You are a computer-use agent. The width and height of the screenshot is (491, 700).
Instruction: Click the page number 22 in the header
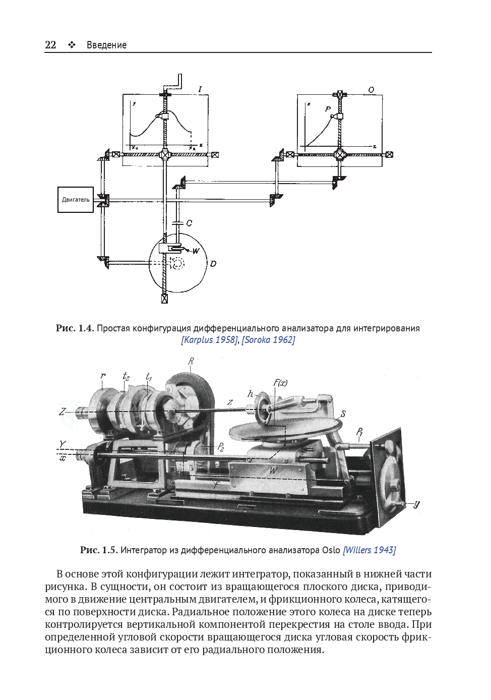tap(50, 44)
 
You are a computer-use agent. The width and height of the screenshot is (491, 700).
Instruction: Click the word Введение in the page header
tap(106, 45)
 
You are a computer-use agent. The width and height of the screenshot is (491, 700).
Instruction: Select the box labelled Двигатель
tap(76, 200)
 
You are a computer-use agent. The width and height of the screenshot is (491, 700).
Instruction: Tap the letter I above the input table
tap(200, 89)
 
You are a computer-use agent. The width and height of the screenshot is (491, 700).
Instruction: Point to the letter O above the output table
tap(371, 90)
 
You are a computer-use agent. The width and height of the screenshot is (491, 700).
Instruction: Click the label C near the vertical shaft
tap(189, 223)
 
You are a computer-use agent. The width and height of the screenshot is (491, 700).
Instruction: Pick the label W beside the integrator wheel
tap(196, 251)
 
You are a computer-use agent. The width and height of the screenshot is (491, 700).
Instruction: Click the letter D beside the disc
tap(213, 264)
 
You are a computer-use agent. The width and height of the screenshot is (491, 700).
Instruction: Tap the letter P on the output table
tap(328, 109)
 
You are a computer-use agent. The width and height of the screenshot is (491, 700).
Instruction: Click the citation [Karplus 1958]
tap(209, 340)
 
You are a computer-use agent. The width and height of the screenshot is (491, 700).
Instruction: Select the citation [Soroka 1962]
tap(268, 340)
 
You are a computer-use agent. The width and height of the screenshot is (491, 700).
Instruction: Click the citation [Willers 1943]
tap(369, 550)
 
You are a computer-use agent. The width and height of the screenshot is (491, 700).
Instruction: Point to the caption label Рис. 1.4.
tap(75, 328)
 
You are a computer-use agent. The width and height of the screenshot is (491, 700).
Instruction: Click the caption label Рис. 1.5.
tap(99, 550)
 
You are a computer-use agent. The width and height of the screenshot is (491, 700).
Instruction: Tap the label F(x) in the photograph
tap(280, 383)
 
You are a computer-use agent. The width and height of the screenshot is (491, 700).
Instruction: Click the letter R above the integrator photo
tap(191, 361)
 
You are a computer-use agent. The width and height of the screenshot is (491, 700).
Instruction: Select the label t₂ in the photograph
tap(126, 376)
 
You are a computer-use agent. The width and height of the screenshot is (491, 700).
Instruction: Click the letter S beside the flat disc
tap(343, 414)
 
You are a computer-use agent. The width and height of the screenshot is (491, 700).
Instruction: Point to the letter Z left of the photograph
tap(62, 412)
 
